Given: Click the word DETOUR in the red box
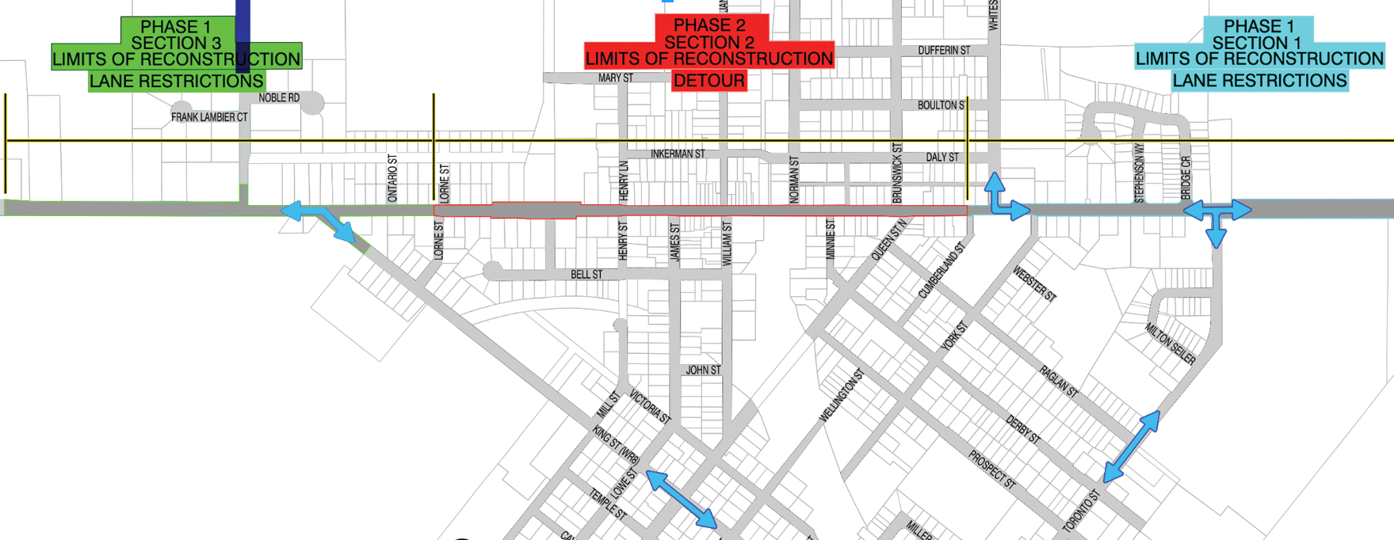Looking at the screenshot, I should click(x=708, y=81).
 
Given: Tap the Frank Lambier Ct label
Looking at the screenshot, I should click(x=209, y=117).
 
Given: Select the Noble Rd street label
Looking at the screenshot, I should click(x=279, y=98).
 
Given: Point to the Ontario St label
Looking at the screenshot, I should click(x=392, y=178).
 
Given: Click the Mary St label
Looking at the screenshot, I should click(x=616, y=78).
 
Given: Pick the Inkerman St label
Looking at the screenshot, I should click(x=678, y=154).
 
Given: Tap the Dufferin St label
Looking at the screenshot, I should click(x=944, y=51).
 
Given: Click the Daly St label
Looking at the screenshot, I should click(x=942, y=158).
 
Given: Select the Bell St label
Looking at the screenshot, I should click(x=586, y=275).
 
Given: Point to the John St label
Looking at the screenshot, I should click(x=703, y=370).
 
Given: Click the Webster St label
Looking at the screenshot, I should click(x=1034, y=283).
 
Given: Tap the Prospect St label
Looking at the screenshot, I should click(x=991, y=469).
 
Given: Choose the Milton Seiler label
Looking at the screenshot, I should click(x=1170, y=344).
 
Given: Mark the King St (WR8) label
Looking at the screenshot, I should click(x=615, y=445).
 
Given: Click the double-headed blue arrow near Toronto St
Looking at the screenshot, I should click(x=1131, y=447).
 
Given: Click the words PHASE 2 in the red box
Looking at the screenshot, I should click(x=708, y=25).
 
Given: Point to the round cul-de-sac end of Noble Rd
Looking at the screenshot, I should click(x=312, y=103).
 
